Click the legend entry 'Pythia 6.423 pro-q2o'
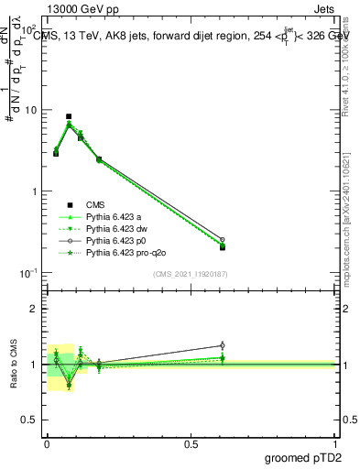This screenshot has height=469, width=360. pyautogui.click(x=124, y=252)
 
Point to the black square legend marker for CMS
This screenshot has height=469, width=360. pyautogui.click(x=69, y=204)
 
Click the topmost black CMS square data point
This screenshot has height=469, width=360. pyautogui.click(x=69, y=117)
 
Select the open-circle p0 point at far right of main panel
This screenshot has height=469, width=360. pyautogui.click(x=223, y=239)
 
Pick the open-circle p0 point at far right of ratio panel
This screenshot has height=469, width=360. pyautogui.click(x=223, y=345)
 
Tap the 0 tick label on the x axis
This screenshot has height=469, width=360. pyautogui.click(x=46, y=444)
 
